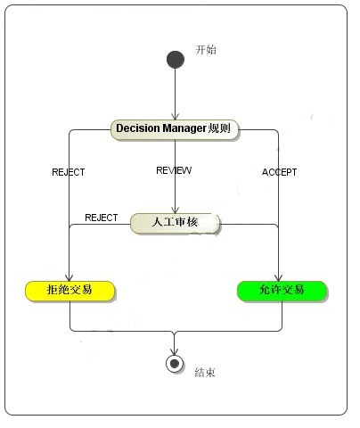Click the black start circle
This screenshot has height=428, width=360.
(x=175, y=59)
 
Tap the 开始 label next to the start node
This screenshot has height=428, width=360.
(x=205, y=50)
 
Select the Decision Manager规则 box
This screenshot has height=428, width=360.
(x=175, y=128)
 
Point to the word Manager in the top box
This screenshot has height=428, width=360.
(x=185, y=128)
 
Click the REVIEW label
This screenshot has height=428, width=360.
(x=174, y=170)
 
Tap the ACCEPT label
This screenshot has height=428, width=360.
(x=279, y=172)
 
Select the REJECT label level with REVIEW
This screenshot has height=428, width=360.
(x=69, y=172)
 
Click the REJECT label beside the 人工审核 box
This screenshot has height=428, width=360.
(x=101, y=218)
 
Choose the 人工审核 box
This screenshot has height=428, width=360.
(x=175, y=223)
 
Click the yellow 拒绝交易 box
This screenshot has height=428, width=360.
(x=70, y=290)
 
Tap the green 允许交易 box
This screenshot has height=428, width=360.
(x=282, y=290)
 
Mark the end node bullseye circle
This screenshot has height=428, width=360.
(x=175, y=363)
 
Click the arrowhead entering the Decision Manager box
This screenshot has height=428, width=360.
(x=175, y=115)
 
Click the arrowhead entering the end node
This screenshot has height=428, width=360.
(x=175, y=350)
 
